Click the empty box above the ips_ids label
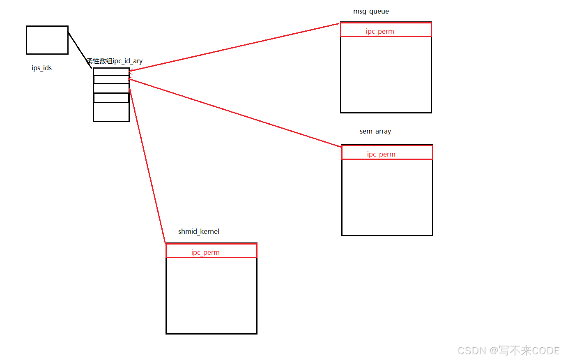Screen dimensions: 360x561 tap(47, 40)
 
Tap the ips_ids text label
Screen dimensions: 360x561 tap(41, 68)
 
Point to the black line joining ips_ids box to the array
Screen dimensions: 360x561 tap(79, 50)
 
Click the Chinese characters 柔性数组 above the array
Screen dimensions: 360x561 tap(99, 61)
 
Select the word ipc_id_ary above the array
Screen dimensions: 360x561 tap(128, 61)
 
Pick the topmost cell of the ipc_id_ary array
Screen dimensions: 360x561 tap(111, 72)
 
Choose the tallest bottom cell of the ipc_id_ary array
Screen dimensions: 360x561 tap(111, 112)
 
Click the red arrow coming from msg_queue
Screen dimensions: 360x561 tap(234, 48)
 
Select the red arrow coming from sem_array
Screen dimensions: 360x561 tap(234, 112)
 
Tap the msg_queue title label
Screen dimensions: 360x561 tap(371, 12)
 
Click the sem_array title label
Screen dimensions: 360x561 tap(375, 132)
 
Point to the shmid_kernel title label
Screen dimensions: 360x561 tap(198, 231)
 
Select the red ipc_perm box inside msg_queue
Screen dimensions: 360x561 tap(386, 30)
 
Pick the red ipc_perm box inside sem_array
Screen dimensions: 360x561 tap(387, 153)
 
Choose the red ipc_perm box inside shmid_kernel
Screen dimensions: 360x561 tap(211, 251)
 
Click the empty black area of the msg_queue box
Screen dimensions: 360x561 tap(386, 74)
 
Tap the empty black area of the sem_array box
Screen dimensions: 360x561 tap(387, 197)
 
